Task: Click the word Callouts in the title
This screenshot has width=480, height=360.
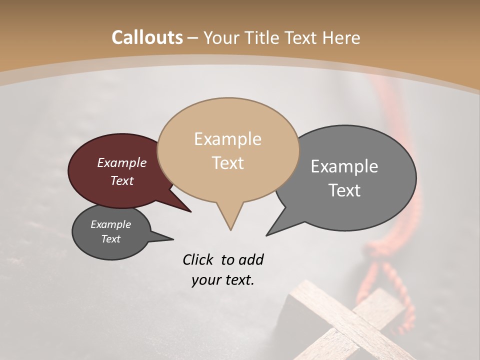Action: [x=147, y=37]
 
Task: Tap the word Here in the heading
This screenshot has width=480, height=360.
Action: [x=342, y=37]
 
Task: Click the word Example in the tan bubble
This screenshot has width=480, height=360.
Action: [x=227, y=139]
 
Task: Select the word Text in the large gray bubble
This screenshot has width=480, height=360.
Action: [x=344, y=190]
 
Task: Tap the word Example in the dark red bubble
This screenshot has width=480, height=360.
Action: [x=122, y=162]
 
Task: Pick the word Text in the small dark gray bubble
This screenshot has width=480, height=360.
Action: [x=111, y=239]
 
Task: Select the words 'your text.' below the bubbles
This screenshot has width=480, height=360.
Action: [x=222, y=280]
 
